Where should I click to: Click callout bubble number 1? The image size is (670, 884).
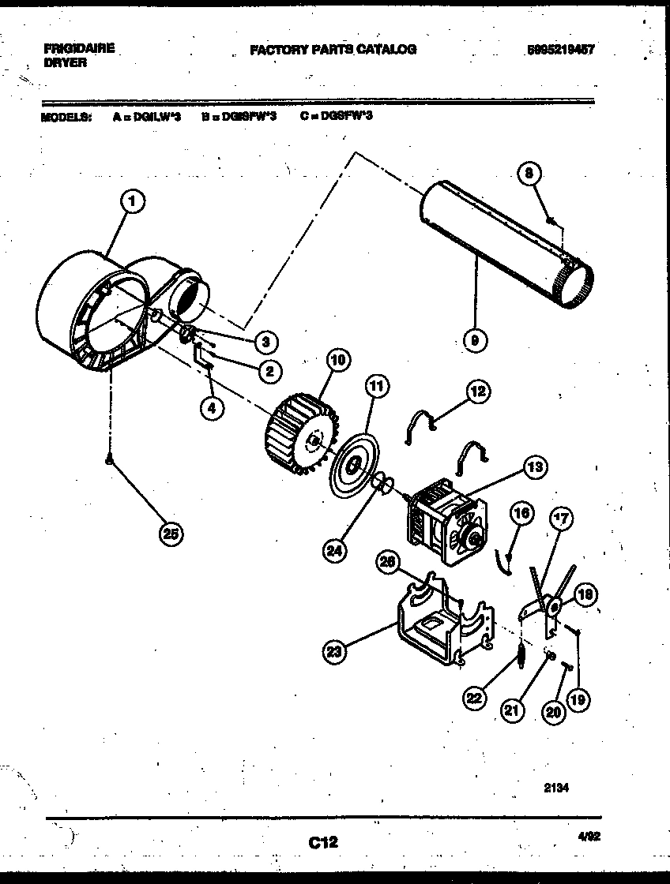(x=134, y=203)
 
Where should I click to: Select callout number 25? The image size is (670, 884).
(x=170, y=534)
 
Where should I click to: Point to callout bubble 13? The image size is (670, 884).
(x=535, y=468)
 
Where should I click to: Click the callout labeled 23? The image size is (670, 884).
(x=335, y=652)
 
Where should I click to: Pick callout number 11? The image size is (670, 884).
(x=378, y=387)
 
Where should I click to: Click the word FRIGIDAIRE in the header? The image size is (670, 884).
(x=79, y=48)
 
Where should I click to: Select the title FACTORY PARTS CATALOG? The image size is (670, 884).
(x=333, y=49)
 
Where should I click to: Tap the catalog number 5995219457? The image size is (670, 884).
(x=560, y=49)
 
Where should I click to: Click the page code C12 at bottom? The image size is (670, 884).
(x=323, y=842)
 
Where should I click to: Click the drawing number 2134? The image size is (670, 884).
(x=556, y=787)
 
